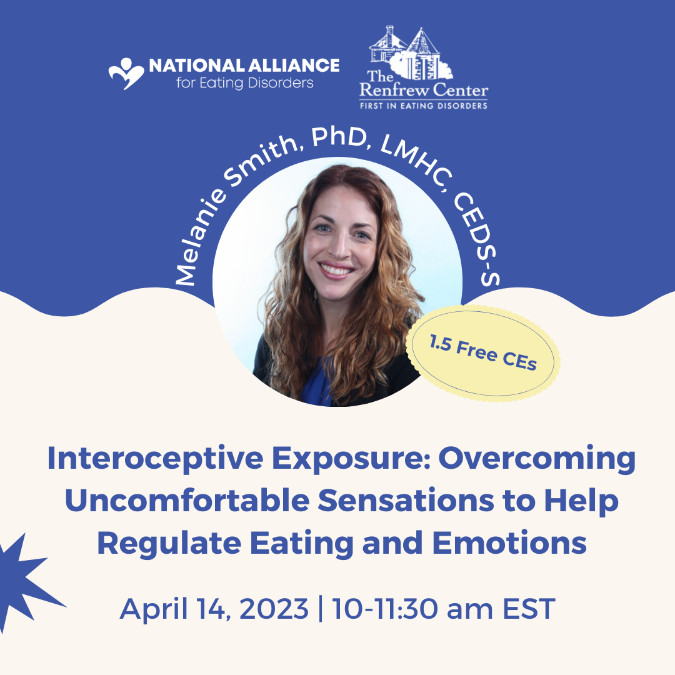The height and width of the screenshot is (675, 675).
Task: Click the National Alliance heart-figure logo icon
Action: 126,74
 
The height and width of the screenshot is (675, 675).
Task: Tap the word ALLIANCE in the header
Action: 294,66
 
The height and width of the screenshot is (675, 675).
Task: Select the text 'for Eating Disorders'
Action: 244,82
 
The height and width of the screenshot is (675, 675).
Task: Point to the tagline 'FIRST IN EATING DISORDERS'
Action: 424,106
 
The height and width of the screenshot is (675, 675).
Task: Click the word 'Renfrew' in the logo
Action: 394,90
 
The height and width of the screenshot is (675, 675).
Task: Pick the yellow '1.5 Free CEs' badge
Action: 483,353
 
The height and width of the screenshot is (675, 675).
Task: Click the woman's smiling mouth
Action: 337,270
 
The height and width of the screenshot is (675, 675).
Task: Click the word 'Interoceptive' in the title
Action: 155,459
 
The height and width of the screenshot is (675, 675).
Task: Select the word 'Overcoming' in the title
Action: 537,459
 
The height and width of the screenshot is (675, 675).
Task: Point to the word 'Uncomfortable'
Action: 187,501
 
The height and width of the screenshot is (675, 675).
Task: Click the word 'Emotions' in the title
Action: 509,543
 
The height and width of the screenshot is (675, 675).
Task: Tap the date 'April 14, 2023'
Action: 214,609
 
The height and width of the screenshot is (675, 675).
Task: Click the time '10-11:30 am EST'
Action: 443,609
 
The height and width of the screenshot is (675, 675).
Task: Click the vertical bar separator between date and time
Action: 320,609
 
